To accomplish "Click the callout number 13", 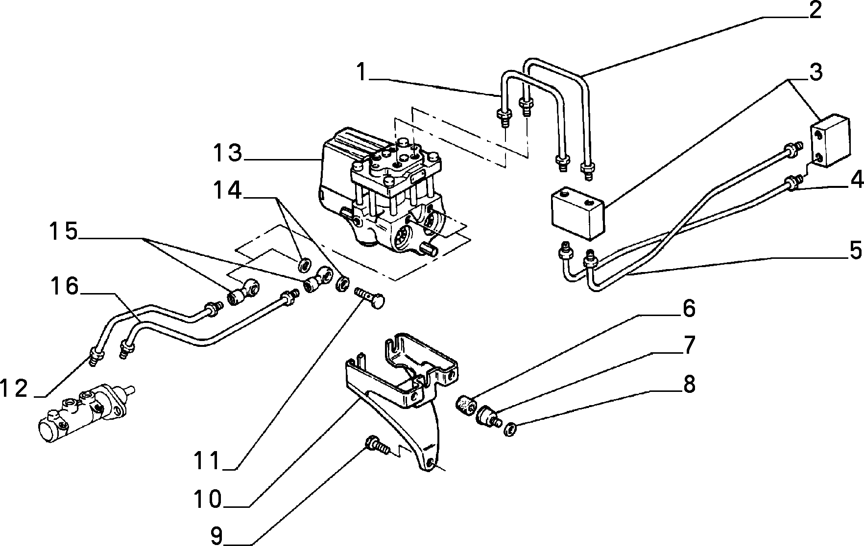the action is pyautogui.click(x=228, y=153).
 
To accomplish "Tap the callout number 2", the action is pyautogui.click(x=815, y=10).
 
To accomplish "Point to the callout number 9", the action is pyautogui.click(x=216, y=536).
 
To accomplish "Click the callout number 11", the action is pyautogui.click(x=207, y=461).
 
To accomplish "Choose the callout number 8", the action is pyautogui.click(x=689, y=346).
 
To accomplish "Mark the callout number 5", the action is pyautogui.click(x=689, y=385).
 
